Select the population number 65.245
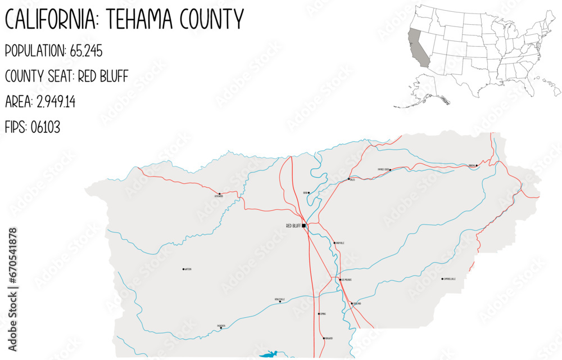86,51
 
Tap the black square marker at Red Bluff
304,226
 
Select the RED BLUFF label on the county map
293,226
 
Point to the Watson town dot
183,269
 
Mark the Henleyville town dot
280,301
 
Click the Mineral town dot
477,165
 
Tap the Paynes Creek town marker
391,168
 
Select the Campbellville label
450,278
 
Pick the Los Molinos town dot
340,279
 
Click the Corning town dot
319,314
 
